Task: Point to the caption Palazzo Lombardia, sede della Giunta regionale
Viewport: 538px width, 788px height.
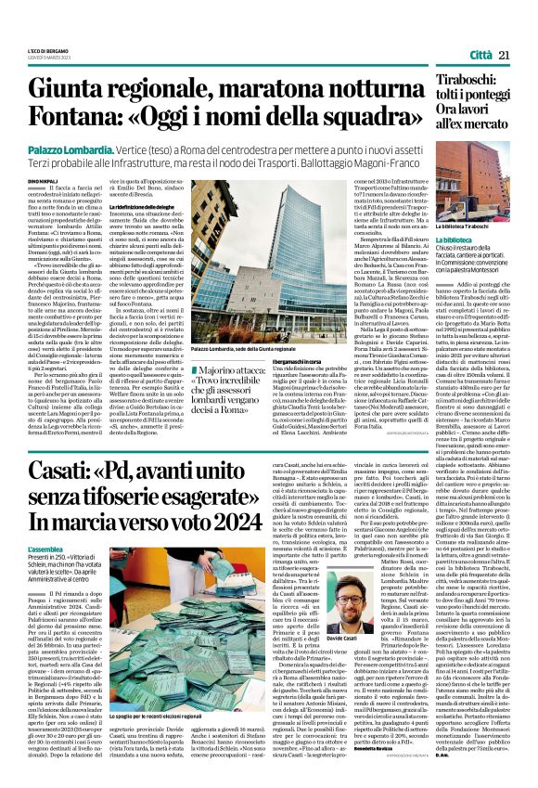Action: coord(219,348)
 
